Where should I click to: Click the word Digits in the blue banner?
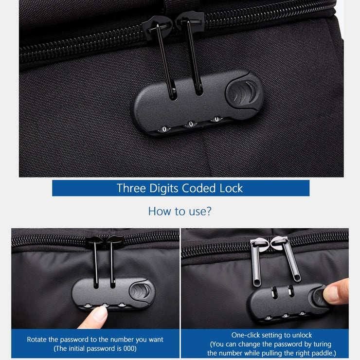point(164,189)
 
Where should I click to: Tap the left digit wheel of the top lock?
point(164,129)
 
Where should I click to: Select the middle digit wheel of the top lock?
point(191,124)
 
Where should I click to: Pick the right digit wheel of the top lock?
point(216,119)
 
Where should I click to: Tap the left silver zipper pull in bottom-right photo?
point(255,262)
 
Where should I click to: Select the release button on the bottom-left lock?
point(141,291)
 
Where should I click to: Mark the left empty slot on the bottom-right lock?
point(274,292)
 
